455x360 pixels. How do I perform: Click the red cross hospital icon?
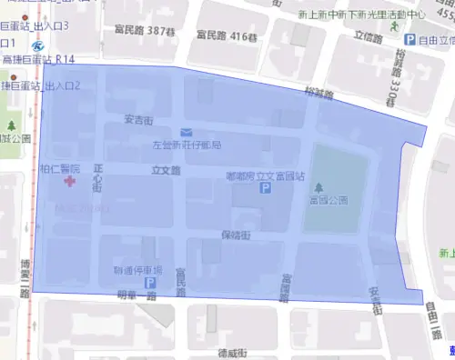click(x=69, y=183)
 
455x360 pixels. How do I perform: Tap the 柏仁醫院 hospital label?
click(x=60, y=169)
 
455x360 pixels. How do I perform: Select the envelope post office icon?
click(x=186, y=133)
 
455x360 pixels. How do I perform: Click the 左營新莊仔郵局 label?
click(x=187, y=145)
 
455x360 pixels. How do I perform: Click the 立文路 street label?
click(x=166, y=170)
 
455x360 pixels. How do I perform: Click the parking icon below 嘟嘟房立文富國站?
click(x=266, y=188)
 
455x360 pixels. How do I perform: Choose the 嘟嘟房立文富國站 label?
click(x=264, y=175)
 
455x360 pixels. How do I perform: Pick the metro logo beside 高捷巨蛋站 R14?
click(x=37, y=45)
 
